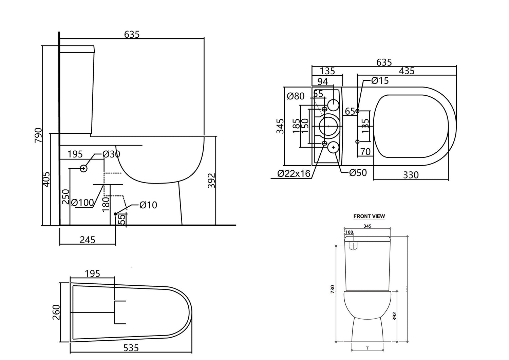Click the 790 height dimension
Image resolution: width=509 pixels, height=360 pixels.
38,135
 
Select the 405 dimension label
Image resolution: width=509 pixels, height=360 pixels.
46,179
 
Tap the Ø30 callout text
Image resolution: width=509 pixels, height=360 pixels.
111,154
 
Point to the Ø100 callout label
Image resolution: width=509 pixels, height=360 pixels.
82,203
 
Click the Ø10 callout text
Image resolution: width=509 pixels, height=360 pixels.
148,205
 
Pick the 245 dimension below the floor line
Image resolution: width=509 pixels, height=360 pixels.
88,240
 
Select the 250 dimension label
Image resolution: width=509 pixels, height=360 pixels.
65,196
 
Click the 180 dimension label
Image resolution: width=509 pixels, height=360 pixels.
106,204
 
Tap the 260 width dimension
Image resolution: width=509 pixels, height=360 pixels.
56,312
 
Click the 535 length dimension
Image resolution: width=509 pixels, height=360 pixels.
131,348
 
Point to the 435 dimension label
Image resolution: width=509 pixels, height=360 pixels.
407,71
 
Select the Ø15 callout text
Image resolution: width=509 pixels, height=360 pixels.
380,81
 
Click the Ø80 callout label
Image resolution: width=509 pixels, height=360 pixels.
296,96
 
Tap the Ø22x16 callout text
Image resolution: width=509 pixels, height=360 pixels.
294,174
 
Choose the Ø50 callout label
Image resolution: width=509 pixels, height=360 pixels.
358,173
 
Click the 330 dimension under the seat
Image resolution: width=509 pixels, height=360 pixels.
411,175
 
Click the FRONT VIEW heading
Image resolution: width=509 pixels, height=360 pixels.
369,216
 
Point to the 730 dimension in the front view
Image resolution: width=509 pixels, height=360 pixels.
333,289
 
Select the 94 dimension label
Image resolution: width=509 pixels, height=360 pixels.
323,81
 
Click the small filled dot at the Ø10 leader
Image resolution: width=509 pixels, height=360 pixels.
115,214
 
